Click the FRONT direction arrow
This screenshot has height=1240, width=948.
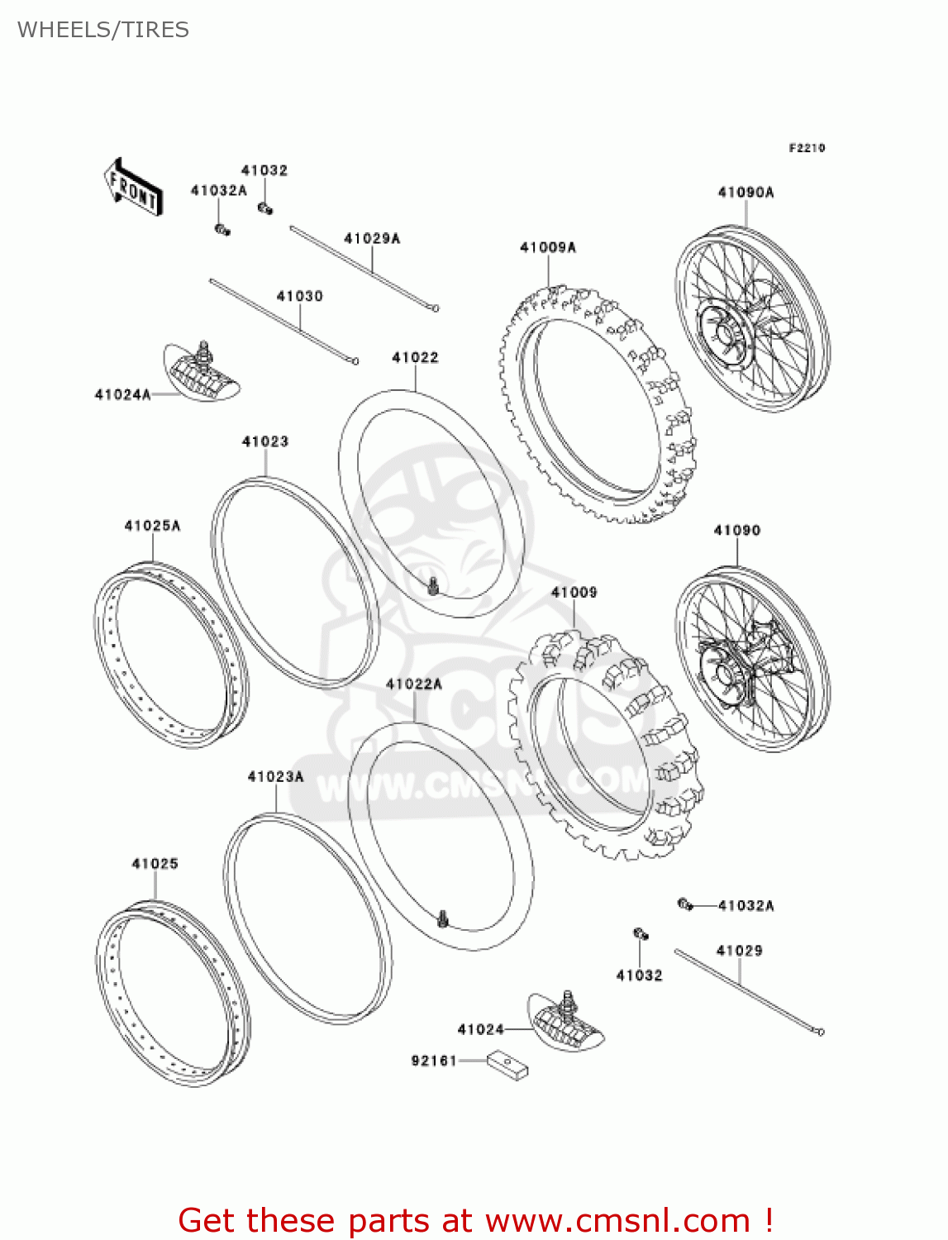(132, 188)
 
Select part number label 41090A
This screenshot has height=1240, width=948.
(746, 193)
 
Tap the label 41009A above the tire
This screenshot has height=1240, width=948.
(547, 247)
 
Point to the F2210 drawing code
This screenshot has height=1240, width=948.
(807, 148)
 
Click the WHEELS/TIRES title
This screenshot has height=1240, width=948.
(103, 30)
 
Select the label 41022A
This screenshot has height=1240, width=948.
(413, 684)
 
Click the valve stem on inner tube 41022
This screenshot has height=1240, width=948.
(433, 586)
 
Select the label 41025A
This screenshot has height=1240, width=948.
(152, 526)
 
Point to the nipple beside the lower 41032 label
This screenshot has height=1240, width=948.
(640, 934)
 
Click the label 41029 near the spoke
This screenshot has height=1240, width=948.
(739, 951)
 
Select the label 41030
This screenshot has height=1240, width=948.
(299, 296)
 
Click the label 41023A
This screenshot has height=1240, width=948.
(275, 777)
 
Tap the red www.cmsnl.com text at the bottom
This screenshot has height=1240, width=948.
(617, 1220)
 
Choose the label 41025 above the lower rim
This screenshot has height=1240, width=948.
(155, 864)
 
